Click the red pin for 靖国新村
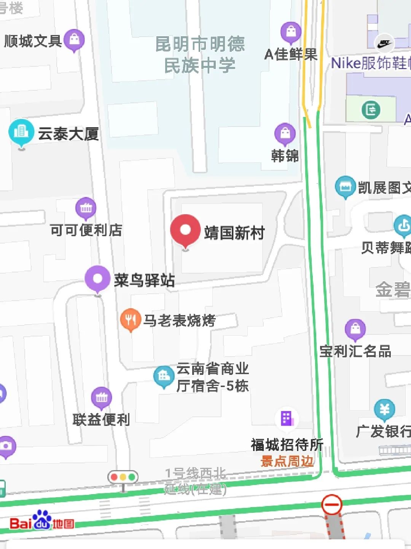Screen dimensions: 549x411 185,230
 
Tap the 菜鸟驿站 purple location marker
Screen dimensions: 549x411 98,279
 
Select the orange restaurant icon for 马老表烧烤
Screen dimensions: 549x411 131,319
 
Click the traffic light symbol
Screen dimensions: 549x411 123,477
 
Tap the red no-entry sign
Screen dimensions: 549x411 332,505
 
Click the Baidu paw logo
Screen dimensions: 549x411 41,520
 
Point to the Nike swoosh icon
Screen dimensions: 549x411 384,43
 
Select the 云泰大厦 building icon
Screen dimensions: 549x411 21,131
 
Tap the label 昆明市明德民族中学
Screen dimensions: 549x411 200,54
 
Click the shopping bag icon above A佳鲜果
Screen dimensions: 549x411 291,32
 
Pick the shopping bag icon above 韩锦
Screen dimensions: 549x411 285,133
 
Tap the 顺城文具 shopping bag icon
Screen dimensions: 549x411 74,39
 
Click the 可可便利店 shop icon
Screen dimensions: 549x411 86,208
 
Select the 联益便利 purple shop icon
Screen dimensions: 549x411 102,398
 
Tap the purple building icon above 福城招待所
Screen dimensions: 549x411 287,418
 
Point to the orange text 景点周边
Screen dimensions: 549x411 287,461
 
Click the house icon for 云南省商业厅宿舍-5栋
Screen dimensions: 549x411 164,376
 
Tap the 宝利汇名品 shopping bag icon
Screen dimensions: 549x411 355,329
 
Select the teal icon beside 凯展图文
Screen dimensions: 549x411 345,187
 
